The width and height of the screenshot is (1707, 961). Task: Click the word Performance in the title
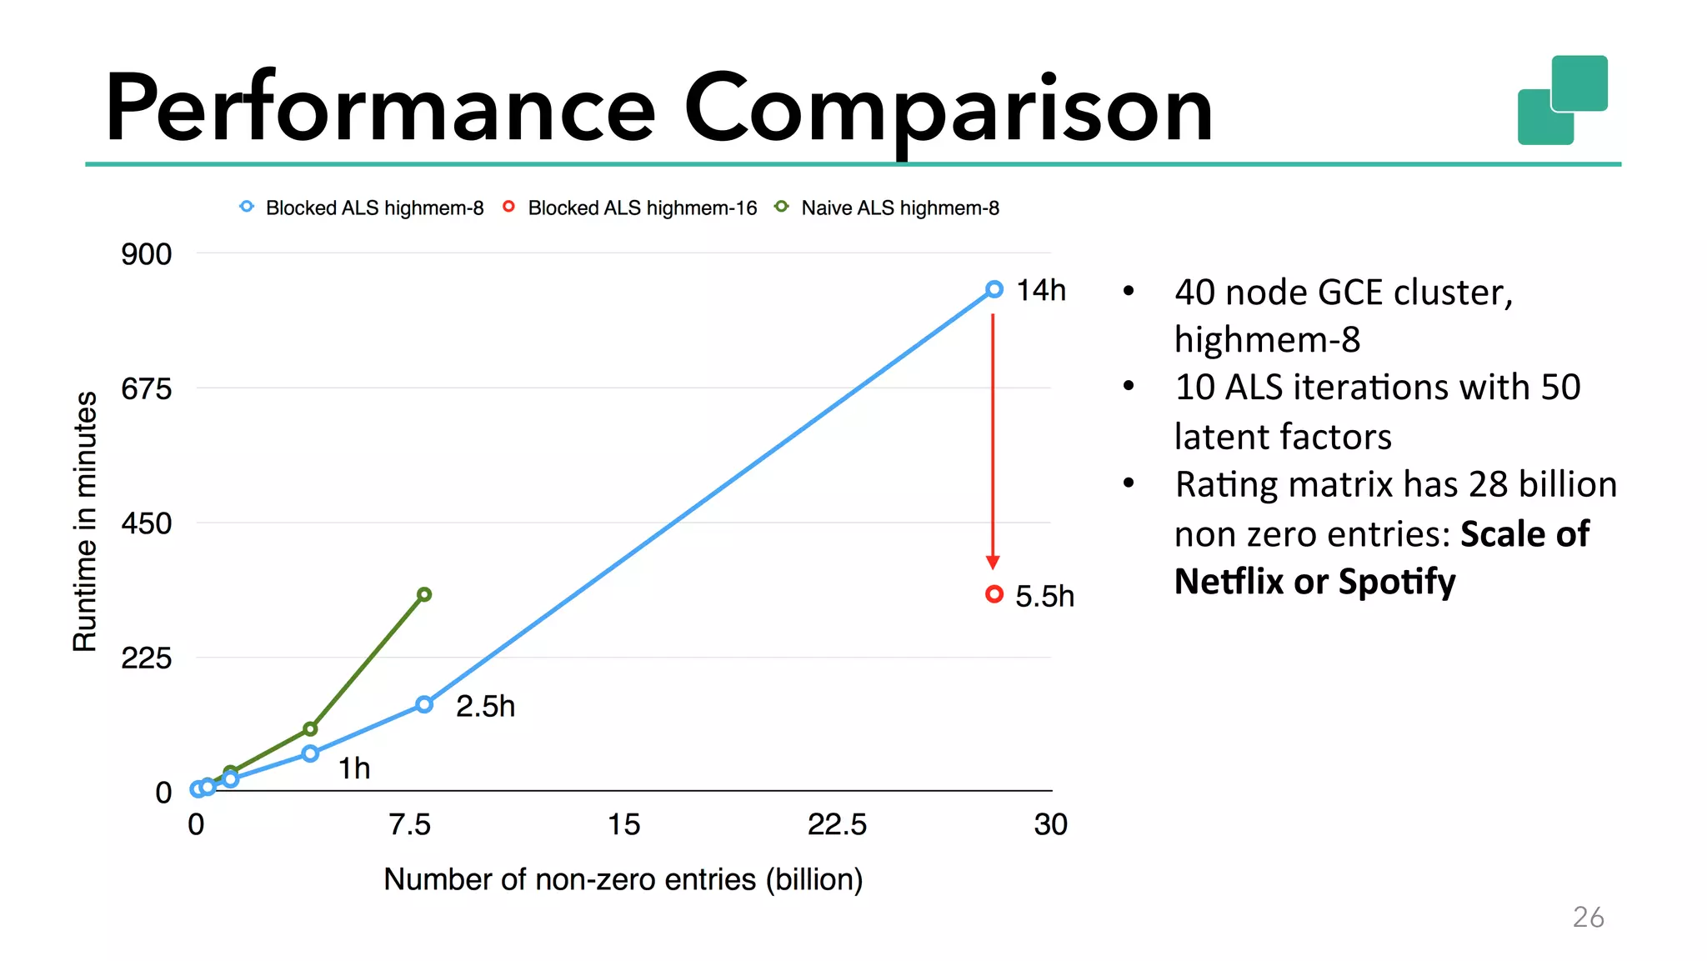click(x=380, y=108)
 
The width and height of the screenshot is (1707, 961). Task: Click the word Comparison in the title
click(x=948, y=108)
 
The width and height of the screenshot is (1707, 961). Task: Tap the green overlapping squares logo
click(x=1562, y=100)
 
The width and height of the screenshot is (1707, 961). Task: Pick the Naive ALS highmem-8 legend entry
click(x=888, y=208)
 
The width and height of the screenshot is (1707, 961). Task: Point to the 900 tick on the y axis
click(x=146, y=254)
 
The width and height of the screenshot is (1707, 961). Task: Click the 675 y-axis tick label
click(x=146, y=388)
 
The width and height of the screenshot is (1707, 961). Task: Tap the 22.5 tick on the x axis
click(x=837, y=824)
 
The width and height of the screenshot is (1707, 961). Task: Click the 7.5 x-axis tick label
click(x=409, y=824)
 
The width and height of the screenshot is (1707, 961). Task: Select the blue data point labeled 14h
click(x=994, y=289)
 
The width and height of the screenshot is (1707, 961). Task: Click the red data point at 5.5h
click(x=994, y=594)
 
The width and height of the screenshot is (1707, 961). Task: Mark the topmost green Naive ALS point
click(x=424, y=594)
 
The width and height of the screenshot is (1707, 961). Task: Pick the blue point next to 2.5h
click(x=424, y=705)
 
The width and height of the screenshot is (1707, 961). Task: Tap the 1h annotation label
click(x=354, y=768)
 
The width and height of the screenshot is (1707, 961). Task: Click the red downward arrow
click(x=993, y=442)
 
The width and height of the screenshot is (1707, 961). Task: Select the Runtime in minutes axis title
click(x=85, y=522)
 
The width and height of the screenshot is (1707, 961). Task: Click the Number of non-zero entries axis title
click(x=623, y=879)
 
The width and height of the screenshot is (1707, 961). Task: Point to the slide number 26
click(x=1588, y=917)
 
